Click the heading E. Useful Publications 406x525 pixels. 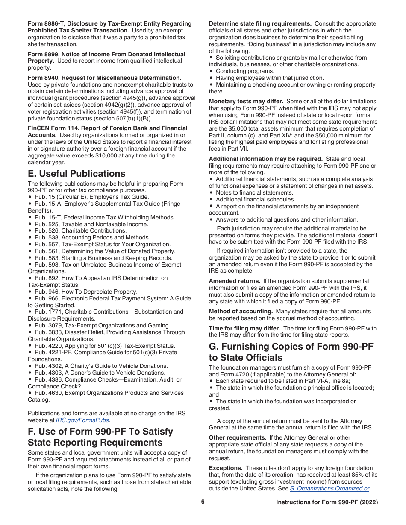click(x=76, y=173)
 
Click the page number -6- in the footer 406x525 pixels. click(x=203, y=502)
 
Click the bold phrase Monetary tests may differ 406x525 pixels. click(x=246, y=102)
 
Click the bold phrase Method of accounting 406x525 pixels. click(x=241, y=312)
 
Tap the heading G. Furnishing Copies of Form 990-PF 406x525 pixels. click(x=291, y=352)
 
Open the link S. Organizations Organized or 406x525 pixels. click(x=330, y=489)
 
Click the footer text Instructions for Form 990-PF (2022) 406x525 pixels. click(x=327, y=502)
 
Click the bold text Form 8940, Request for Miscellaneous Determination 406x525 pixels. click(x=104, y=78)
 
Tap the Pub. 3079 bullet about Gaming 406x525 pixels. click(x=102, y=326)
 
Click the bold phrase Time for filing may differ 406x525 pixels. click(x=244, y=328)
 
